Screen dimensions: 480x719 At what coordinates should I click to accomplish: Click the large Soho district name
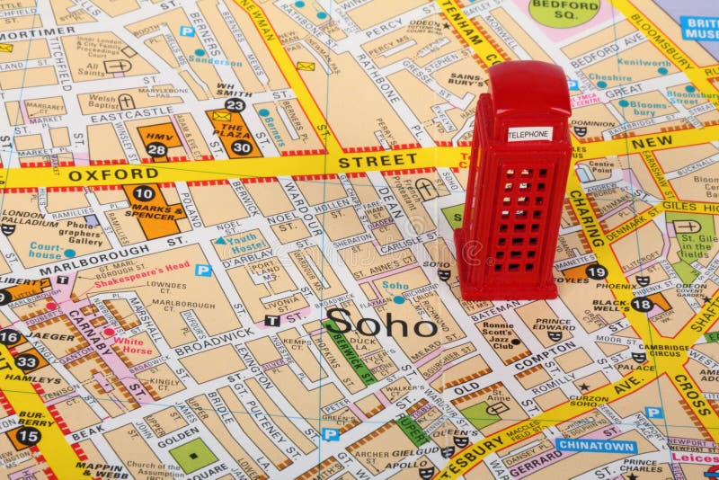[381, 323]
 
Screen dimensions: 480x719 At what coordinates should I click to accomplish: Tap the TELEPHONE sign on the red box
[529, 134]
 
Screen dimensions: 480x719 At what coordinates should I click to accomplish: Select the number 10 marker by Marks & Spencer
[144, 193]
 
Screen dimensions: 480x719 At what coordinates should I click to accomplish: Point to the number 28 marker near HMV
[156, 149]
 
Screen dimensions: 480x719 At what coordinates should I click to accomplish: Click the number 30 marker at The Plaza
[241, 147]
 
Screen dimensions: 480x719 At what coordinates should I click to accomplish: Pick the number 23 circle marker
[235, 105]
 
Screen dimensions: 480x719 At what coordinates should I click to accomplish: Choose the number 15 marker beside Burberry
[29, 436]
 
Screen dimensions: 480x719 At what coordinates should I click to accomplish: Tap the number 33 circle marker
[27, 362]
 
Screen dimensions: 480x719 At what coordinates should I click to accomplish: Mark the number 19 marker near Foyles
[595, 271]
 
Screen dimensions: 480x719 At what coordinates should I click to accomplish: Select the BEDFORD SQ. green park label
[564, 9]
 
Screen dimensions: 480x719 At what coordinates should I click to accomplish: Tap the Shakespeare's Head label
[148, 266]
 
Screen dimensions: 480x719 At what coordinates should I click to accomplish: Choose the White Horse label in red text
[133, 347]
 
